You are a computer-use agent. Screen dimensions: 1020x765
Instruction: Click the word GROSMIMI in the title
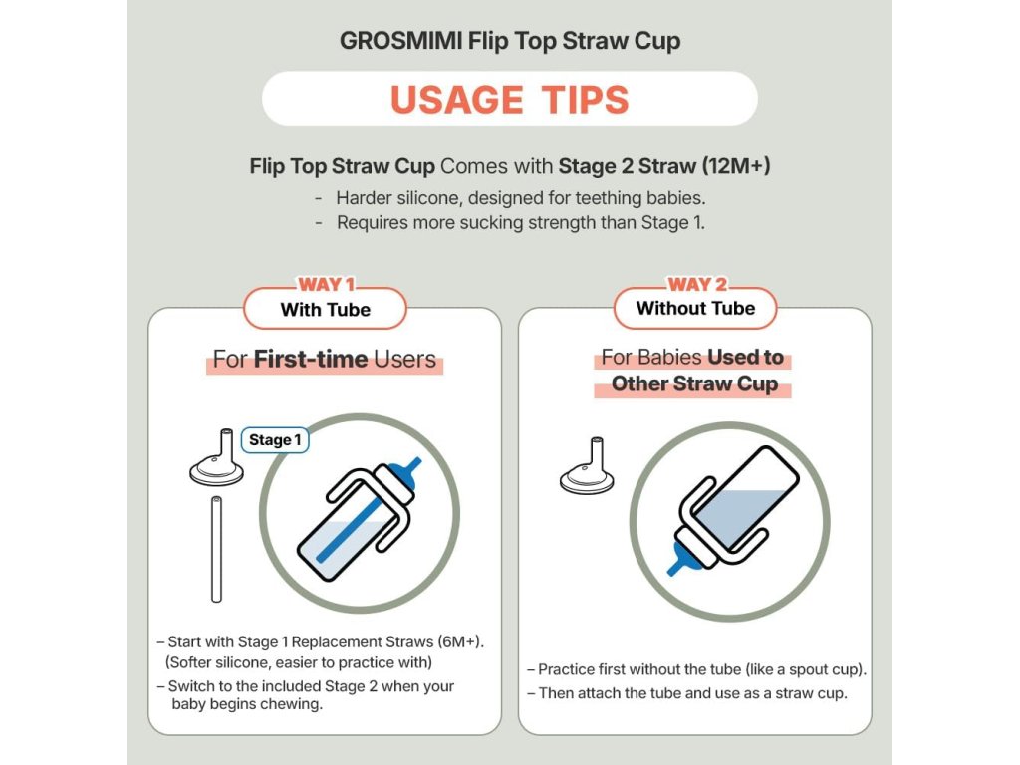click(400, 41)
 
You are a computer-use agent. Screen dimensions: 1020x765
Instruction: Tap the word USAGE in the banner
click(456, 100)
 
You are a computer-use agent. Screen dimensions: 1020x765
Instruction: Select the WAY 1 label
click(326, 284)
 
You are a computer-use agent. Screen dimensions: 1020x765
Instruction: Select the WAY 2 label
click(696, 284)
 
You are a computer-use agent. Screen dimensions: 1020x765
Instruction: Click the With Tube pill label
click(326, 310)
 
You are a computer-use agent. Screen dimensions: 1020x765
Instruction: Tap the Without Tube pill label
click(695, 309)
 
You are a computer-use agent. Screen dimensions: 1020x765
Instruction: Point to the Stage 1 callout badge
click(275, 440)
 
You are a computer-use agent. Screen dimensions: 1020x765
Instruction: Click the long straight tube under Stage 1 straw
click(216, 550)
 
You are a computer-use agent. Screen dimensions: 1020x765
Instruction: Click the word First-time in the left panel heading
click(311, 359)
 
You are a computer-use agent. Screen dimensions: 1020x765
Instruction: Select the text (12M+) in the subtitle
click(736, 166)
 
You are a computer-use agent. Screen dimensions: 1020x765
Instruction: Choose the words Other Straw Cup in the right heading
click(694, 383)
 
